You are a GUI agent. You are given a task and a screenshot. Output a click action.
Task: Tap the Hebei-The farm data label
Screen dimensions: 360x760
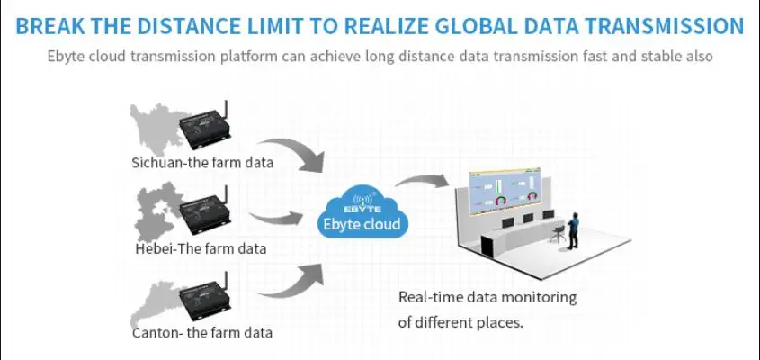pyautogui.click(x=201, y=247)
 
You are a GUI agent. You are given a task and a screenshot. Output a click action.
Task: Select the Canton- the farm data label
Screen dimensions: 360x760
pyautogui.click(x=201, y=332)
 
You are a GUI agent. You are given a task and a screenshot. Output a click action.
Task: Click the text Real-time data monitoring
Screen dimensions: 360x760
pyautogui.click(x=487, y=297)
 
